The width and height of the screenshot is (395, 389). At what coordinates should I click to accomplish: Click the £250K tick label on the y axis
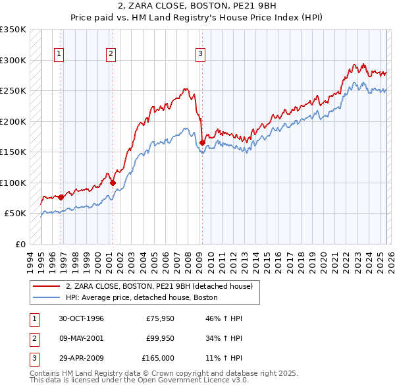tap(13, 90)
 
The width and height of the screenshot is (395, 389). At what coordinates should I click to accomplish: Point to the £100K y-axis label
tap(13, 183)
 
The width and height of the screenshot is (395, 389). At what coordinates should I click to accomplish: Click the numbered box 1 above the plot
tap(59, 54)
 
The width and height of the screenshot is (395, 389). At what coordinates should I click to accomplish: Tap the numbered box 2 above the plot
tap(111, 54)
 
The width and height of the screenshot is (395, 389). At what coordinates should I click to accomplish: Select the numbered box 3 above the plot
tap(199, 54)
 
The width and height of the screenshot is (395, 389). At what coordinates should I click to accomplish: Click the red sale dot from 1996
tap(61, 197)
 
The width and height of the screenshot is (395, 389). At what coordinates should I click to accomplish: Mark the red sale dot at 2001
tap(113, 183)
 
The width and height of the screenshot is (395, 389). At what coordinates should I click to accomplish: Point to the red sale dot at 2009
tap(202, 142)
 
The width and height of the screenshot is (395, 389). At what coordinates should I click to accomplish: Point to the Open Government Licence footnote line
tap(139, 380)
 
